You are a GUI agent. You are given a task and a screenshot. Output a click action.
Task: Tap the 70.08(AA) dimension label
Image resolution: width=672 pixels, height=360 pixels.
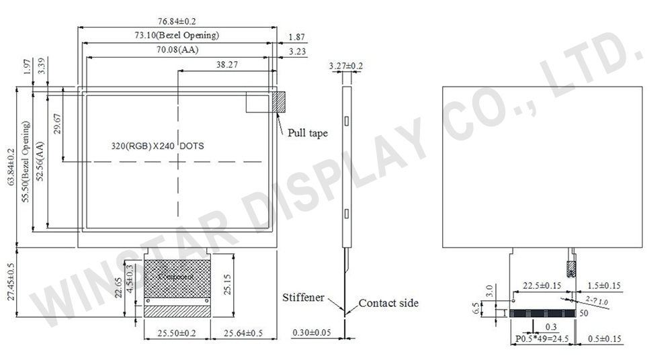(177, 50)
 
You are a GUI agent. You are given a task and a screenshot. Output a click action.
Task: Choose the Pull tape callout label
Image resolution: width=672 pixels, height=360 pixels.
(308, 133)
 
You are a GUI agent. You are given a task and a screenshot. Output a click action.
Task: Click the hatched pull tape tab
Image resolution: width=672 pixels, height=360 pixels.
(278, 102)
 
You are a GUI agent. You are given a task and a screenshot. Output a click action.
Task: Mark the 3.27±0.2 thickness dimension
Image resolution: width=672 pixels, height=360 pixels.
(346, 66)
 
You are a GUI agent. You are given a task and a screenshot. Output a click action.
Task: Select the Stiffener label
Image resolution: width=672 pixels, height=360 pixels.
(303, 298)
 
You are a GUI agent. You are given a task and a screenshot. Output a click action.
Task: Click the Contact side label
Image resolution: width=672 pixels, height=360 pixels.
(388, 303)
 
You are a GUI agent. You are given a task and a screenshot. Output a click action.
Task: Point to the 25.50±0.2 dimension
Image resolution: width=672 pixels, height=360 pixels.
(177, 332)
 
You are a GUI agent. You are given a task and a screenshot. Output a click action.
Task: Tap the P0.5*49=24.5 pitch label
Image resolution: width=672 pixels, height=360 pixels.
(542, 339)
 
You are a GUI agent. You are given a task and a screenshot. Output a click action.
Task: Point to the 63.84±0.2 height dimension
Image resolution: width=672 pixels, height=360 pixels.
(9, 168)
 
